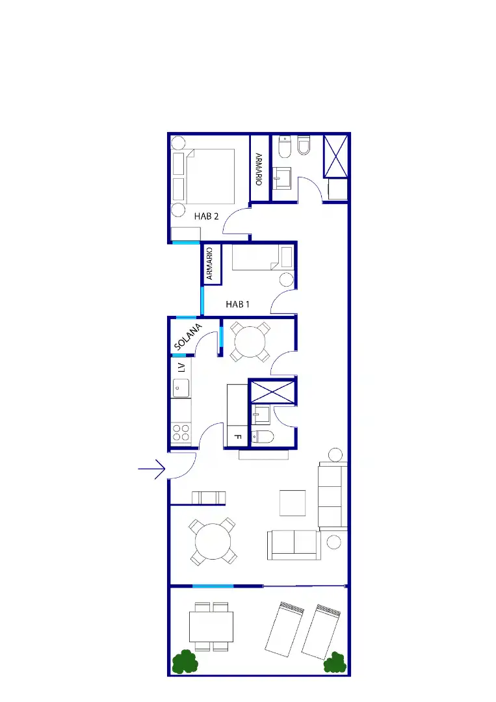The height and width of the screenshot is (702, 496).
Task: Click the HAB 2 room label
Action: [206, 216]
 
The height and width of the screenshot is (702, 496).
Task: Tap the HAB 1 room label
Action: [238, 304]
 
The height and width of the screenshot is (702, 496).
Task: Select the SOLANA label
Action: [188, 337]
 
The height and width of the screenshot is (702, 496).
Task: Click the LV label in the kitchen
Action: [181, 367]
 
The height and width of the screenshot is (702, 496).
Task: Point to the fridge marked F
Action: [237, 437]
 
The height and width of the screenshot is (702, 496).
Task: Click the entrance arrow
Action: [151, 469]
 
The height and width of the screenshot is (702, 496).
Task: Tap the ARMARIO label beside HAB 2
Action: [259, 169]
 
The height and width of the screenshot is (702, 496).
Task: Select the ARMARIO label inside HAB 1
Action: [209, 264]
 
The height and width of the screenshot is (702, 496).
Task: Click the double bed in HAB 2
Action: [210, 176]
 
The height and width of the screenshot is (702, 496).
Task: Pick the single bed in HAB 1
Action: [263, 257]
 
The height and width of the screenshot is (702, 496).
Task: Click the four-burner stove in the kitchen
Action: [181, 432]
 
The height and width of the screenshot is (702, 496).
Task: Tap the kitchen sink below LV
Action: [181, 387]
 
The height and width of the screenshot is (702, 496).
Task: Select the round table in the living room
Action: [213, 541]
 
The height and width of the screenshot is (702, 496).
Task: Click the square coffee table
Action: [293, 502]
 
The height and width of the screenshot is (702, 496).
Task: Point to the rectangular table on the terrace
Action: [211, 627]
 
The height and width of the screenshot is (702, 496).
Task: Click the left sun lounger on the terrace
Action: [285, 629]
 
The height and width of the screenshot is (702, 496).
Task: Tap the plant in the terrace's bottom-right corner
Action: [335, 663]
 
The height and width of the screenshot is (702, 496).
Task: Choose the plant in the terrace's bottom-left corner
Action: [185, 662]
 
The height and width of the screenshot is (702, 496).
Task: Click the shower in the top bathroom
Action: [335, 157]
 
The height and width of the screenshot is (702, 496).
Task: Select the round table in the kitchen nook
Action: [250, 342]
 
